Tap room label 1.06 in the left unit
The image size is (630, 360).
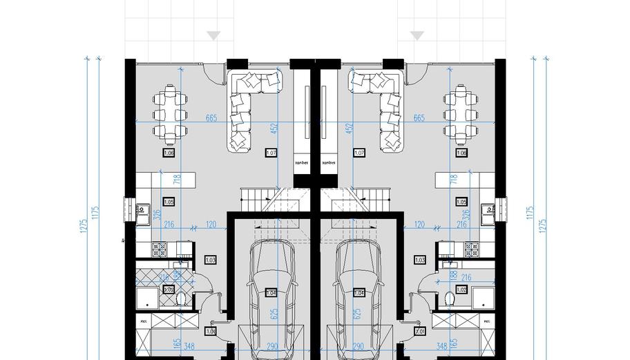(x=169, y=153)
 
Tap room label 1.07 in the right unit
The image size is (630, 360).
(x=359, y=153)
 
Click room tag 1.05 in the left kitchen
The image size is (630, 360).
(x=169, y=202)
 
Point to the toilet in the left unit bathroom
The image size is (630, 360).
(x=181, y=299)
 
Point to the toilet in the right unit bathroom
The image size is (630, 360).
(x=450, y=299)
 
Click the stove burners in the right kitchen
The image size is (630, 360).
(x=472, y=247)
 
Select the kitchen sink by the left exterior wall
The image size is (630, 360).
(x=143, y=213)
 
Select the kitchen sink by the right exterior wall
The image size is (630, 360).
(x=488, y=213)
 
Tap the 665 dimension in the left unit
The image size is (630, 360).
(x=211, y=118)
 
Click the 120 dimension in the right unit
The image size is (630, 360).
(x=419, y=225)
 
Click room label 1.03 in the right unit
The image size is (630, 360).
(x=419, y=260)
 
